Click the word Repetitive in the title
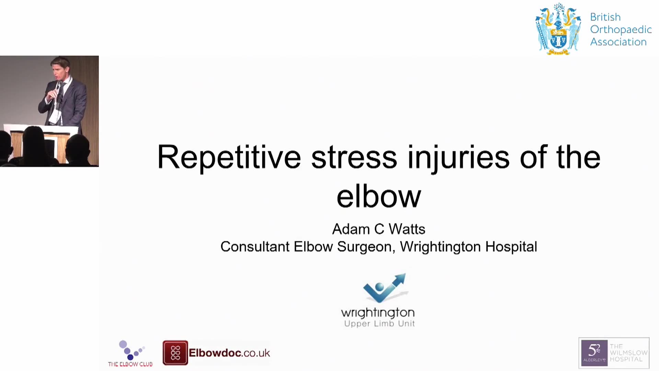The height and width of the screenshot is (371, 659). point(229,157)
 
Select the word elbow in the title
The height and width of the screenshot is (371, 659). point(379,196)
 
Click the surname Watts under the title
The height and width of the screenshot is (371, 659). point(407,229)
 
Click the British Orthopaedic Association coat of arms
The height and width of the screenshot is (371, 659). point(558,29)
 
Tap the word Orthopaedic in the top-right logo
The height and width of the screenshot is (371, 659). point(621,30)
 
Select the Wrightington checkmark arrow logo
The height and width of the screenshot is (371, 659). point(385,288)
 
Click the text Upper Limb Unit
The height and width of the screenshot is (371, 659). point(380,324)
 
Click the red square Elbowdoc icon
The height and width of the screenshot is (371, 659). point(175,353)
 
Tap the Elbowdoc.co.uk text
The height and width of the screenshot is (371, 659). point(229,353)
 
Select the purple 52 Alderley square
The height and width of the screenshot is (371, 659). point(594,353)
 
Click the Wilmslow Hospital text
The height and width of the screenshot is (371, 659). point(628,353)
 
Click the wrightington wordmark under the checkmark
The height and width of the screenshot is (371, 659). point(378,313)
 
